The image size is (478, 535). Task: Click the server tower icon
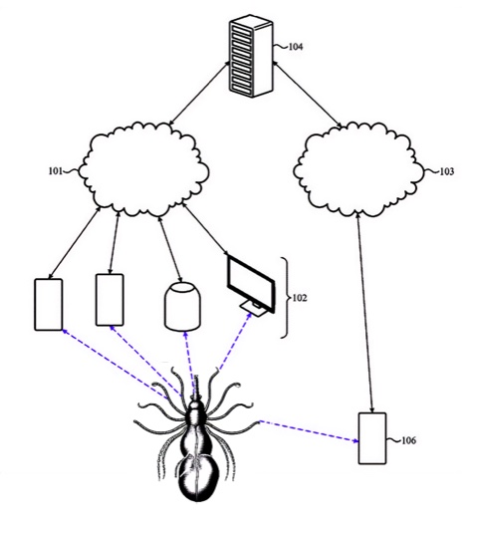coord(251,56)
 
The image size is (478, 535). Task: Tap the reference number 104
coord(296,47)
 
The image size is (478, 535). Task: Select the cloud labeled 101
coord(143,169)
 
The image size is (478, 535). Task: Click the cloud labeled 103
coord(359,169)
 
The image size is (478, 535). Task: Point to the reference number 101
coord(56,170)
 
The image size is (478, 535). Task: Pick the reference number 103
coord(447,171)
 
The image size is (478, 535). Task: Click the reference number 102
coord(300,298)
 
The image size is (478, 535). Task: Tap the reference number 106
coord(408,440)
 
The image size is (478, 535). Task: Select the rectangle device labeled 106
coord(372,438)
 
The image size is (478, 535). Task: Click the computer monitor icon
coord(251,285)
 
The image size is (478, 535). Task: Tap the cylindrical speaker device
coord(182,306)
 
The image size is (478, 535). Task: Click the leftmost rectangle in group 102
coord(49,305)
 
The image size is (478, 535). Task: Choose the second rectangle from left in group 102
coord(110,300)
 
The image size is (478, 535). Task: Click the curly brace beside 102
coord(286,298)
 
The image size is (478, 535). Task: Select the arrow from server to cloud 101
coord(199,93)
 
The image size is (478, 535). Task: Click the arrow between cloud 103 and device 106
coord(364,313)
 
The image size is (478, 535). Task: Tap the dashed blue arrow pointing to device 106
coord(310,431)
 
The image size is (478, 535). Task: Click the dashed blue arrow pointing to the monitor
coord(236,341)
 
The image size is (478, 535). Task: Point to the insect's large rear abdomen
coord(197,478)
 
